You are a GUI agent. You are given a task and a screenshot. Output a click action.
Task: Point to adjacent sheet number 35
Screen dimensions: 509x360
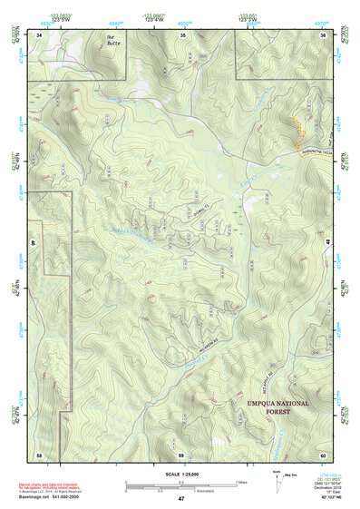coord(181,34)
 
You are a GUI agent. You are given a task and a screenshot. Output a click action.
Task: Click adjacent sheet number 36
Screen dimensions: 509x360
coord(322,34)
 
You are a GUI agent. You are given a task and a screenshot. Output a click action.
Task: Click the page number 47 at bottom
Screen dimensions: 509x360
coord(181,499)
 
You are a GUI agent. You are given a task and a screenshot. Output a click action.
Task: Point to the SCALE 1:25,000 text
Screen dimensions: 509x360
coord(180,475)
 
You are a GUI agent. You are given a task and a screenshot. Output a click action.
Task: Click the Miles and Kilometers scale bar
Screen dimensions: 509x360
coord(180,486)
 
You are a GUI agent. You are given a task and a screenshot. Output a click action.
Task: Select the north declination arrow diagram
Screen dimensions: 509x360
coord(277,477)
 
